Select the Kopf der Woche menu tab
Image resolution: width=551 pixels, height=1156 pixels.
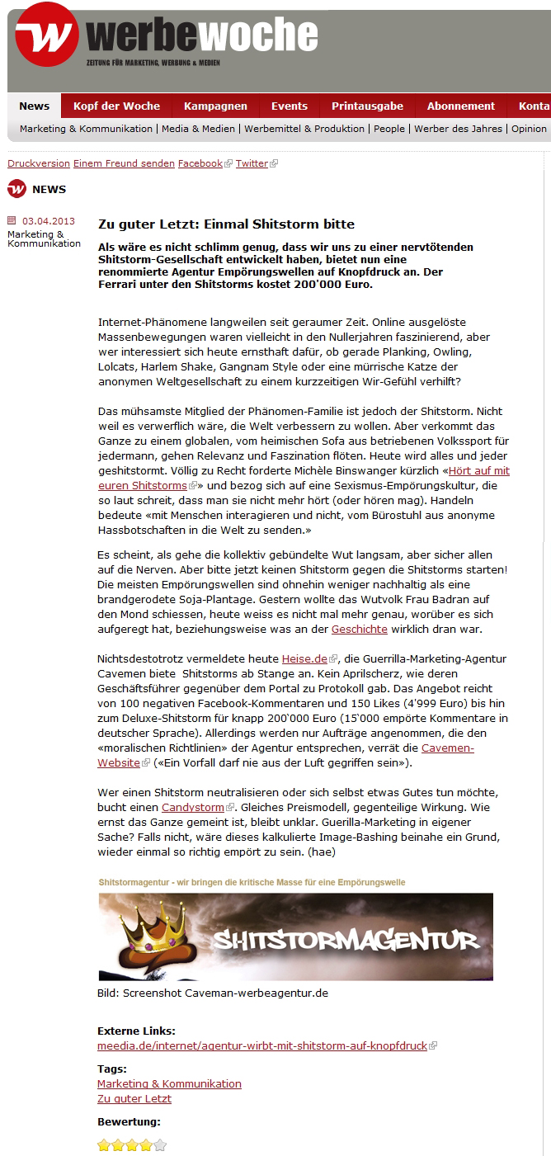click(116, 106)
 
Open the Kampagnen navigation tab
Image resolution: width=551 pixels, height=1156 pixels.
click(215, 106)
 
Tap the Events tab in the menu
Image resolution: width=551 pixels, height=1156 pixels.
click(289, 106)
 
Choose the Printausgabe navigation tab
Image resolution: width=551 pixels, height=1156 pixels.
click(367, 106)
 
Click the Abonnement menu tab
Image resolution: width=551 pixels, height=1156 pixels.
click(460, 106)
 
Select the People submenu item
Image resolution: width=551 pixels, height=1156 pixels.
click(389, 129)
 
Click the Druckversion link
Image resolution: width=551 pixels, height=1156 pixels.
click(39, 163)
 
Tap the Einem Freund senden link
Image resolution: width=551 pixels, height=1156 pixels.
click(124, 163)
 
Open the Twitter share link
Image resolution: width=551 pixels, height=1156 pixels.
click(252, 163)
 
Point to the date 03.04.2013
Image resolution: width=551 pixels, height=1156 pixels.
click(49, 221)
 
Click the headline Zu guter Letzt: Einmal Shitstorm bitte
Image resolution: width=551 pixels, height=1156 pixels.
click(226, 224)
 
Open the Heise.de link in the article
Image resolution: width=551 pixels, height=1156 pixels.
click(305, 659)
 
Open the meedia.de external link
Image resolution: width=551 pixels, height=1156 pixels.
click(262, 1046)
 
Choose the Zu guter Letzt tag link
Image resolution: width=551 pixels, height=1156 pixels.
click(134, 1099)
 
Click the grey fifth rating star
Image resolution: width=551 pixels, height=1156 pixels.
click(160, 1145)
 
